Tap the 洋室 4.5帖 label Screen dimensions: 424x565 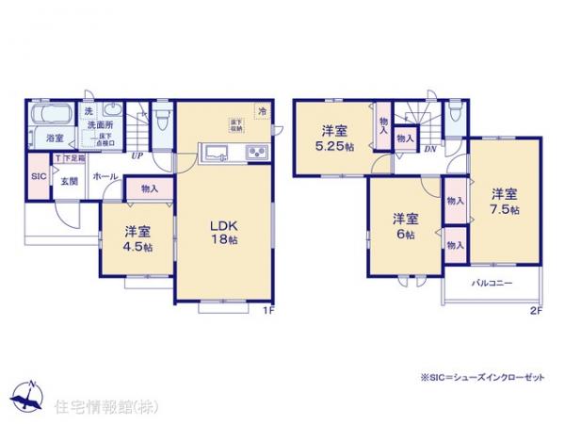pyautogui.click(x=137, y=238)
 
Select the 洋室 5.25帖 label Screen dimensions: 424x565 pyautogui.click(x=334, y=138)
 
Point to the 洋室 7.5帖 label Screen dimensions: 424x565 pyautogui.click(x=504, y=202)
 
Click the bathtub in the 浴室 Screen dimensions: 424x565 pyautogui.click(x=49, y=118)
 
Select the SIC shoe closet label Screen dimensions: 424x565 pyautogui.click(x=39, y=176)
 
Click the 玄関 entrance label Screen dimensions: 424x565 pyautogui.click(x=70, y=180)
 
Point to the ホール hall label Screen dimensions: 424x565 pyautogui.click(x=105, y=174)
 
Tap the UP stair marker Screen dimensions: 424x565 pyautogui.click(x=137, y=155)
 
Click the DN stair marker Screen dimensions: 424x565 pyautogui.click(x=429, y=149)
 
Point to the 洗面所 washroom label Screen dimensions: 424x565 pyautogui.click(x=101, y=125)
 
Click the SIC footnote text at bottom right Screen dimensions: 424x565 pyautogui.click(x=482, y=378)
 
